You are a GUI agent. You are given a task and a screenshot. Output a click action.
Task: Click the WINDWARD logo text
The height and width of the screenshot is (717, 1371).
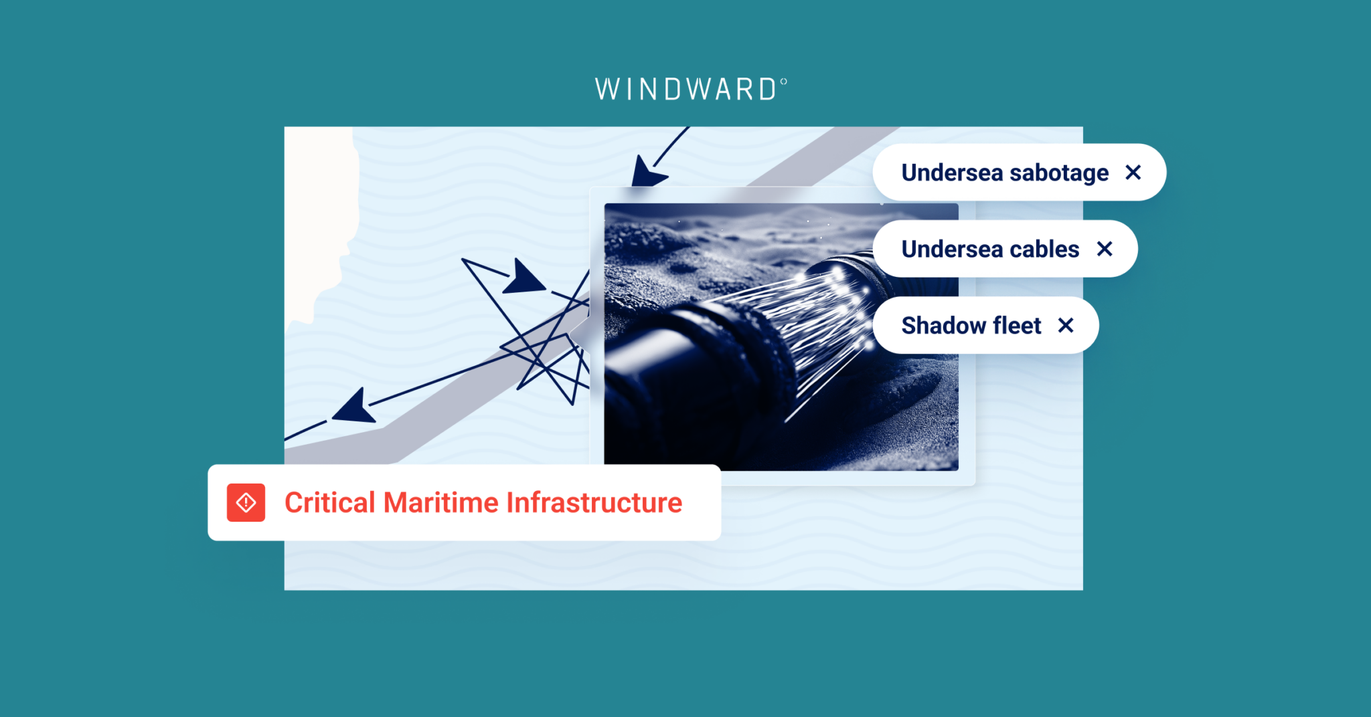685,90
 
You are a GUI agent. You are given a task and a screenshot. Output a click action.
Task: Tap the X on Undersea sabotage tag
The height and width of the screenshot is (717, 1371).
1133,173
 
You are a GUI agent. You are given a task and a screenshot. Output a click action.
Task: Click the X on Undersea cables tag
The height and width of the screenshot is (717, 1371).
1105,249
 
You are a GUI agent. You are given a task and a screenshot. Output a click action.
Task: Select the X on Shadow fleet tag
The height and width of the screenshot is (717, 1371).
1065,325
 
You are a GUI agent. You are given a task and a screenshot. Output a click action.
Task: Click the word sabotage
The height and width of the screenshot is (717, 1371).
1058,173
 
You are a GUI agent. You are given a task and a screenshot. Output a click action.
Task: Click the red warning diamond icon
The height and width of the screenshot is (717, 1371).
246,502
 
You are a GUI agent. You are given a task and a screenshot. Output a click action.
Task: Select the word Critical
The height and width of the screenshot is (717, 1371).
329,503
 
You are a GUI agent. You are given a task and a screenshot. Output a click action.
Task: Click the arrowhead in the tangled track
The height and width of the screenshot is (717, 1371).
523,278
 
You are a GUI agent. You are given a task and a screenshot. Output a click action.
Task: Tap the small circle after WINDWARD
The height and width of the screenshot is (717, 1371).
783,82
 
